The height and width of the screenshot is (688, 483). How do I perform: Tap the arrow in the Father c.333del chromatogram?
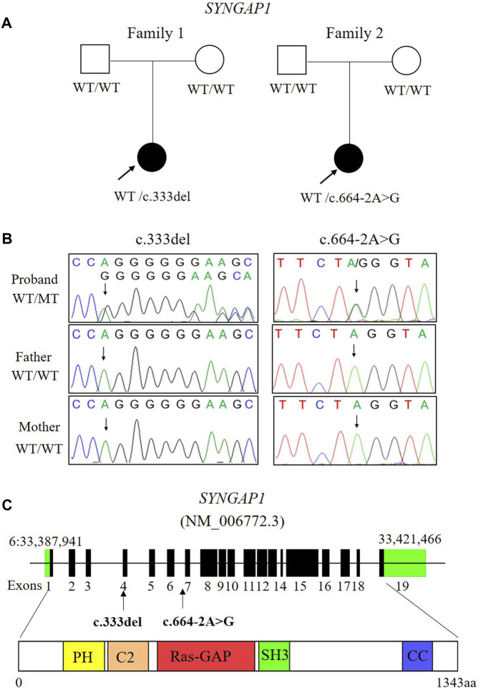(x=104, y=353)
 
